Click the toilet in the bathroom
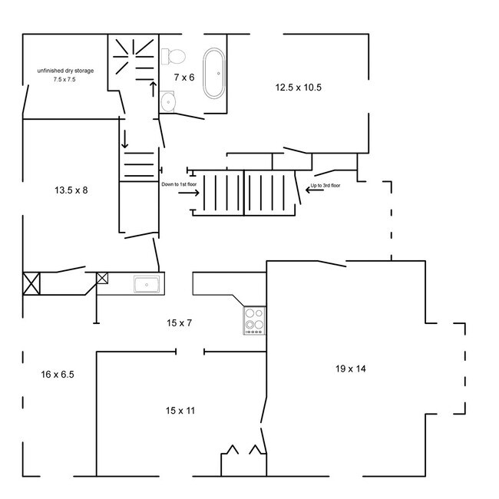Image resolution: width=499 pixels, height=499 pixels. [x=173, y=57]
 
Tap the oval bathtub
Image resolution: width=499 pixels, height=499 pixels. [x=214, y=73]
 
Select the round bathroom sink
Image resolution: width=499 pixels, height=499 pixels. [x=167, y=102]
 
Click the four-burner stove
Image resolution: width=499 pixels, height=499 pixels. [x=254, y=320]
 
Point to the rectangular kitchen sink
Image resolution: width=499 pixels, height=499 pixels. [x=147, y=284]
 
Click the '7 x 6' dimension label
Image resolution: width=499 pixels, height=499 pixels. [x=184, y=78]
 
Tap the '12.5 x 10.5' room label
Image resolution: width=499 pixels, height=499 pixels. [x=298, y=88]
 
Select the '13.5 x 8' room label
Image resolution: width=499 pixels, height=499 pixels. [x=71, y=190]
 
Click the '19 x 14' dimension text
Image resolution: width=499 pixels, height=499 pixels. [x=351, y=368]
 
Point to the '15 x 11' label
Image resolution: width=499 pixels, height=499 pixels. [x=180, y=411]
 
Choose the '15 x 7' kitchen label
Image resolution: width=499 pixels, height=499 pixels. [x=179, y=323]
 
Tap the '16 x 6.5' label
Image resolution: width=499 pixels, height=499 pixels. [x=58, y=375]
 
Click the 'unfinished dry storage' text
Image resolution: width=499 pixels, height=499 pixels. [x=65, y=71]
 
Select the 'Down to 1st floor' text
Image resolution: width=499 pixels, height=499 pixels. [x=179, y=184]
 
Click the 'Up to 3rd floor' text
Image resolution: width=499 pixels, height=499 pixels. [x=326, y=185]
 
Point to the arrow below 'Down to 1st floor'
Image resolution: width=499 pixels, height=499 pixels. [x=189, y=193]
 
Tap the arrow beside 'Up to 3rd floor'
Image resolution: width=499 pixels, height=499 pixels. [x=315, y=190]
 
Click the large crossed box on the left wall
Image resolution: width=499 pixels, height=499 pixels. [x=31, y=283]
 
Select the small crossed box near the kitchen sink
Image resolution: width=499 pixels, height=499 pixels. [x=102, y=278]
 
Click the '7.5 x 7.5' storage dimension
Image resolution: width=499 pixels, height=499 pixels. [x=64, y=80]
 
